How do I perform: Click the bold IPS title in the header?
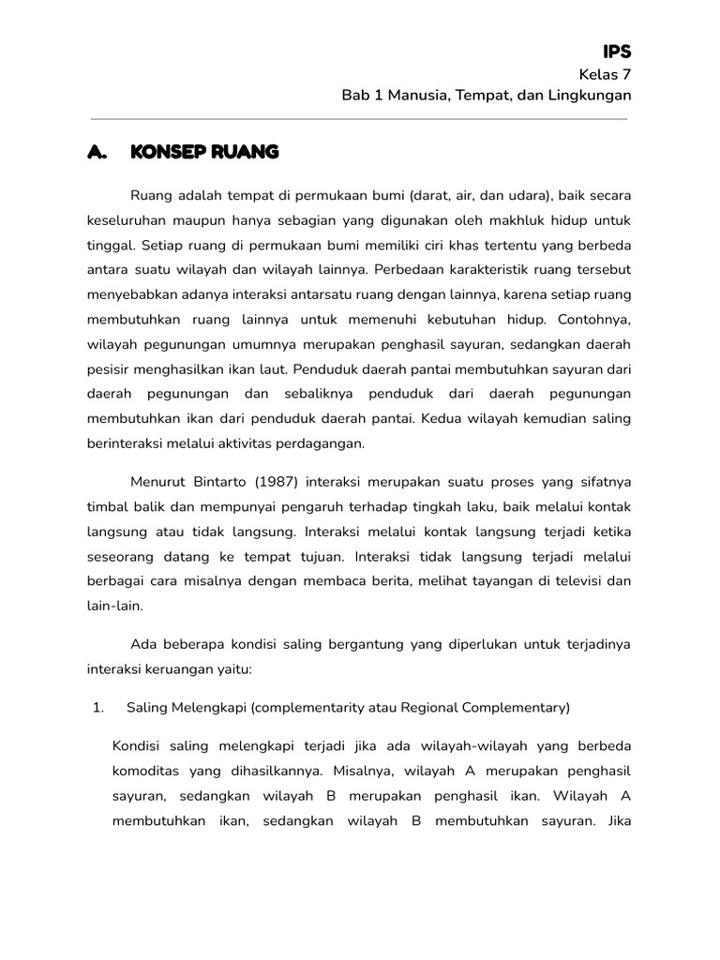pos(616,52)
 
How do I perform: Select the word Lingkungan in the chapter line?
pos(590,96)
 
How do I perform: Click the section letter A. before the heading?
pos(98,152)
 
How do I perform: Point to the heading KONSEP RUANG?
pos(203,152)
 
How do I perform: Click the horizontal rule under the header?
pos(358,119)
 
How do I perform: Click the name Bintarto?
pos(225,482)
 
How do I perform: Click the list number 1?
pos(98,708)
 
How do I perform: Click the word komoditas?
pos(147,771)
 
